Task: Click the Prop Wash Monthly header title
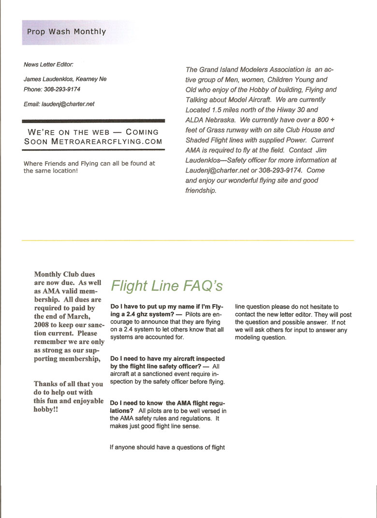click(x=66, y=32)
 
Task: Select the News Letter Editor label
click(x=48, y=65)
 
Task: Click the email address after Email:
click(x=68, y=104)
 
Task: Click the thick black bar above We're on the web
click(x=94, y=121)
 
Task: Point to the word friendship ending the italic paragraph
click(x=201, y=191)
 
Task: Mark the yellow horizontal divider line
click(x=188, y=240)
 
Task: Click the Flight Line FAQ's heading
click(x=167, y=285)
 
